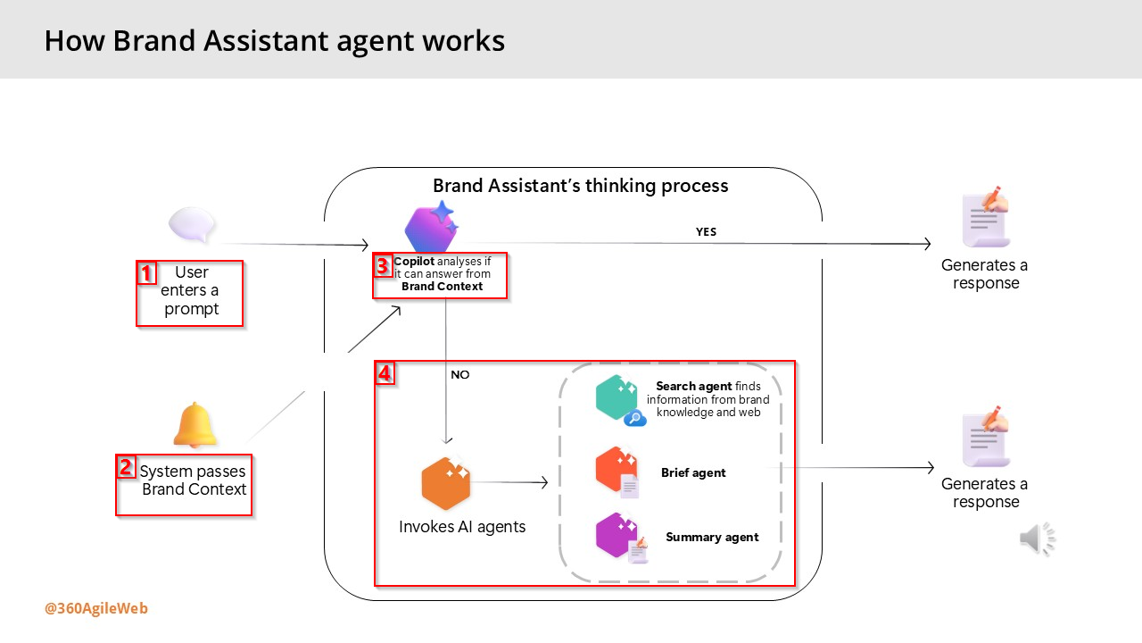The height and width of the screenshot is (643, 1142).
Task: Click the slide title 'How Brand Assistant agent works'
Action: tap(274, 40)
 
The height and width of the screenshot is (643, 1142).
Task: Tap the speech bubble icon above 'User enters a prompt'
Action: tap(193, 225)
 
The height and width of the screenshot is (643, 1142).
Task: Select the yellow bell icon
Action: tap(195, 425)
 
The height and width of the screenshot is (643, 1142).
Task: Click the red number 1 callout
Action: tap(146, 272)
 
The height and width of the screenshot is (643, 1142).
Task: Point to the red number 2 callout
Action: tap(126, 467)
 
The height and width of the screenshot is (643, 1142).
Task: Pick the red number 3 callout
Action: tap(382, 265)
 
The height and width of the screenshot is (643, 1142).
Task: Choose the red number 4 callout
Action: tap(385, 373)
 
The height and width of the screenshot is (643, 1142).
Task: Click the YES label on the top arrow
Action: tap(706, 232)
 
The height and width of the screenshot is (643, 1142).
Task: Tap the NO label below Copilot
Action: tap(459, 375)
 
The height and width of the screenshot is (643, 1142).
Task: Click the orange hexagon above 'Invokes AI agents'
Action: tap(445, 483)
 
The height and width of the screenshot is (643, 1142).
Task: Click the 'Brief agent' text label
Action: tap(693, 473)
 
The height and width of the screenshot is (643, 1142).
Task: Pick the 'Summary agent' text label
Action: tap(712, 538)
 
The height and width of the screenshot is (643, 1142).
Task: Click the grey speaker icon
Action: tap(1037, 539)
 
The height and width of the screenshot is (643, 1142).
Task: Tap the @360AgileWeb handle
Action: tap(96, 609)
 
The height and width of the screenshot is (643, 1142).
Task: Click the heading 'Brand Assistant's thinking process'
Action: tap(581, 186)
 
